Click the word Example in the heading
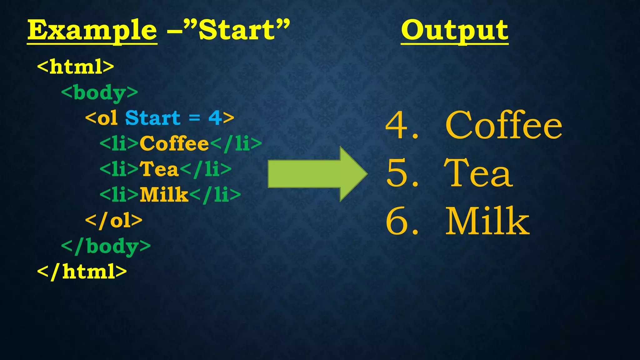pos(92,31)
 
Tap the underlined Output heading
pos(454,31)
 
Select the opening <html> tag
pos(76,66)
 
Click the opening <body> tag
pos(99,93)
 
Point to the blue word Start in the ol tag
pos(152,118)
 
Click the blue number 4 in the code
pos(215,118)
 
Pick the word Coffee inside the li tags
pos(174,144)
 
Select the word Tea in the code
pos(159,169)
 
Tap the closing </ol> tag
pos(114,221)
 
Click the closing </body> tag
pos(106,246)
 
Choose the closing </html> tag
pos(82,271)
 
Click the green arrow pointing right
pos(317,174)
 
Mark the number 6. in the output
pos(402,221)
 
